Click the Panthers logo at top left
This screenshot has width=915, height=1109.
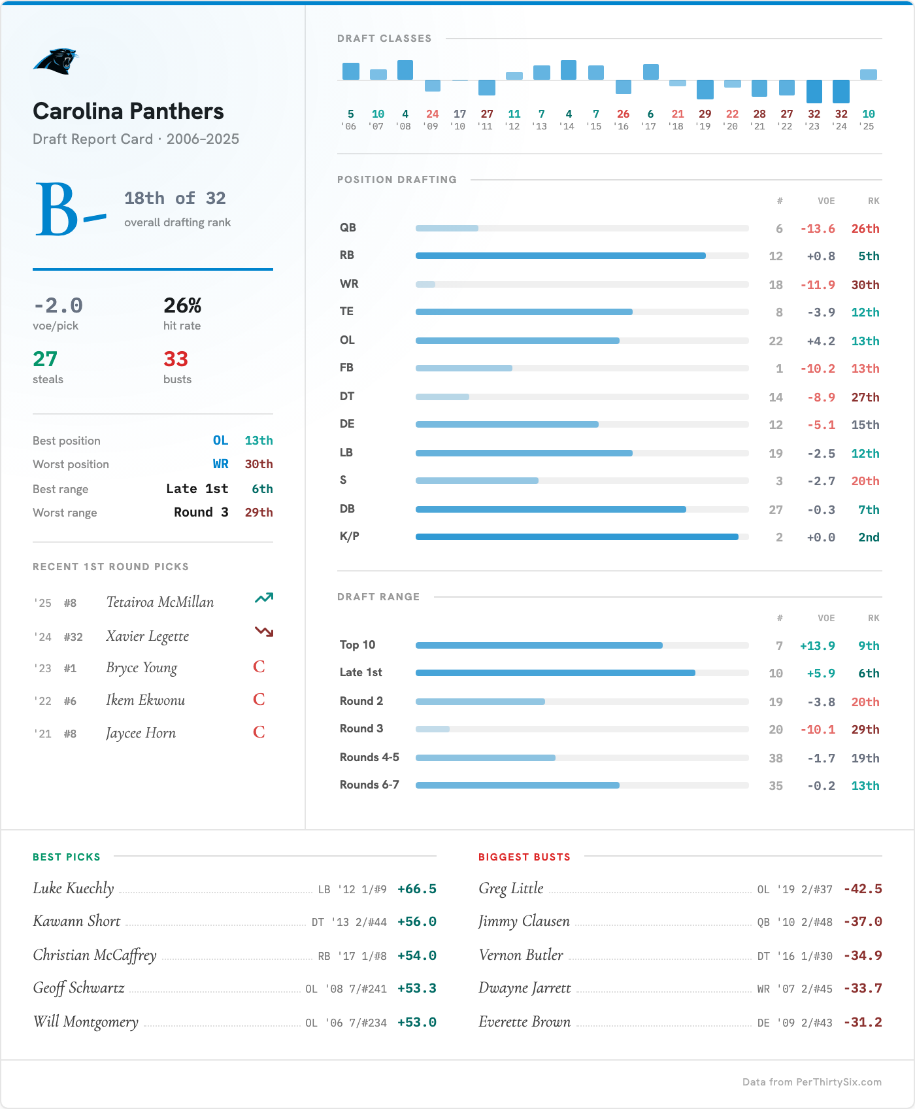[56, 61]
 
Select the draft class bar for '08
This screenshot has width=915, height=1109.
[405, 70]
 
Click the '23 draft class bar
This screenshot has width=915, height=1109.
[814, 91]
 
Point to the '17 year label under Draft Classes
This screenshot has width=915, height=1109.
[650, 126]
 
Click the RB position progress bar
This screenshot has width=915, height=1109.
[561, 256]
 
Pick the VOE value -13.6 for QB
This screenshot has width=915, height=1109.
[818, 229]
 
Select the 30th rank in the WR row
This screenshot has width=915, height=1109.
[865, 285]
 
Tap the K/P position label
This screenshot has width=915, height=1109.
[350, 536]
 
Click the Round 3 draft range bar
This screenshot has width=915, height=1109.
[433, 729]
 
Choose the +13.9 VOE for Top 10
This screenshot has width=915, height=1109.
[817, 646]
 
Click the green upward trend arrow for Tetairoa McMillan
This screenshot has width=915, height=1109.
[263, 598]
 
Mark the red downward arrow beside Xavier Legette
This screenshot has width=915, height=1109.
[263, 632]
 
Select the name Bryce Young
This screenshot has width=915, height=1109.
[142, 668]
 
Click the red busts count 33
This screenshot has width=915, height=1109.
[176, 359]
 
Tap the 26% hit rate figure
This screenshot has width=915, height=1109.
[182, 305]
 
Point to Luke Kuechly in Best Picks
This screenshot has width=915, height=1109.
[73, 889]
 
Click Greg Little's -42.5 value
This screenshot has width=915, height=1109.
[863, 889]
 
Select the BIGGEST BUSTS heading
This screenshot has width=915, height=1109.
[524, 857]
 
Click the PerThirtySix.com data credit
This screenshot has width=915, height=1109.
[812, 1082]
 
